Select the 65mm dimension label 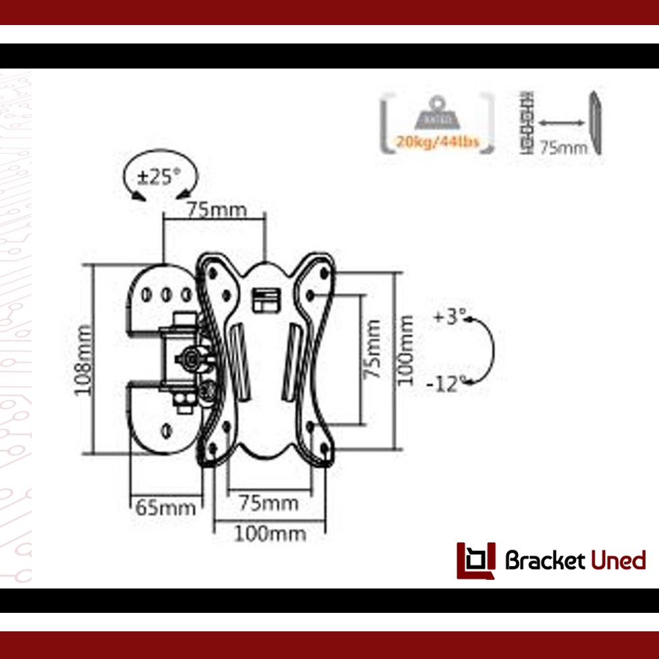coord(165,508)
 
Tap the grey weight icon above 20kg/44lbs coord(436,114)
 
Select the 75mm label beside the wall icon coord(563,147)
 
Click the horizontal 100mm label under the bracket coord(270,533)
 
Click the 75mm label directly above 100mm coord(268,504)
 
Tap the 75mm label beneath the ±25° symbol coord(216,210)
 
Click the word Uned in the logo coord(617,561)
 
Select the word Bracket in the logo coord(544,561)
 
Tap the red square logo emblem coord(476,560)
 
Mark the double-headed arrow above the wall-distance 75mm coord(562,123)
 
